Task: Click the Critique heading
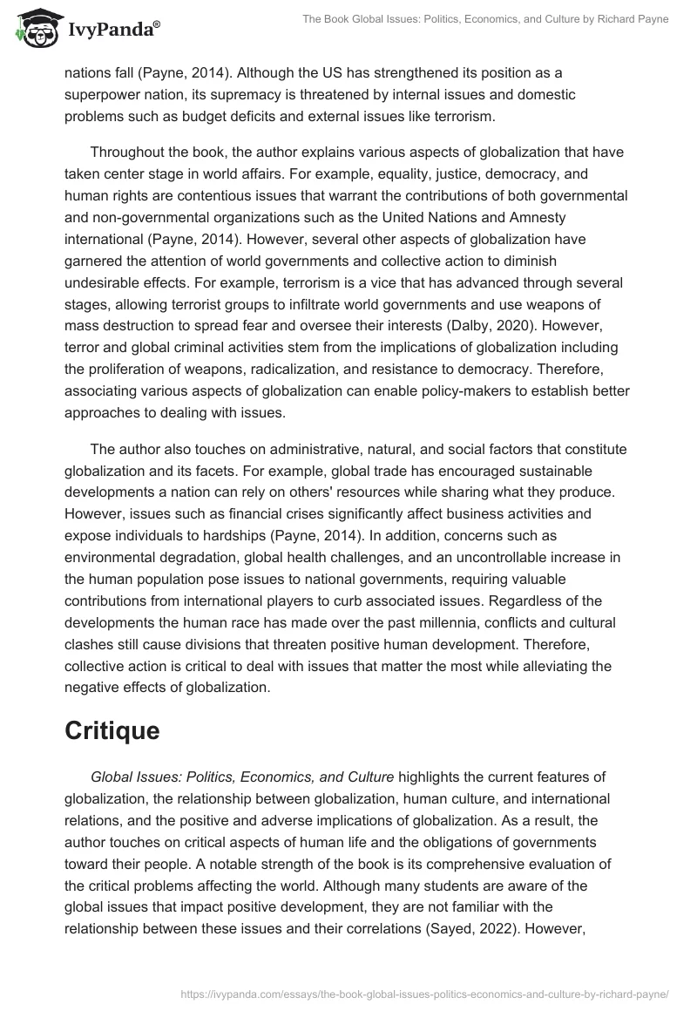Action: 112,730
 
